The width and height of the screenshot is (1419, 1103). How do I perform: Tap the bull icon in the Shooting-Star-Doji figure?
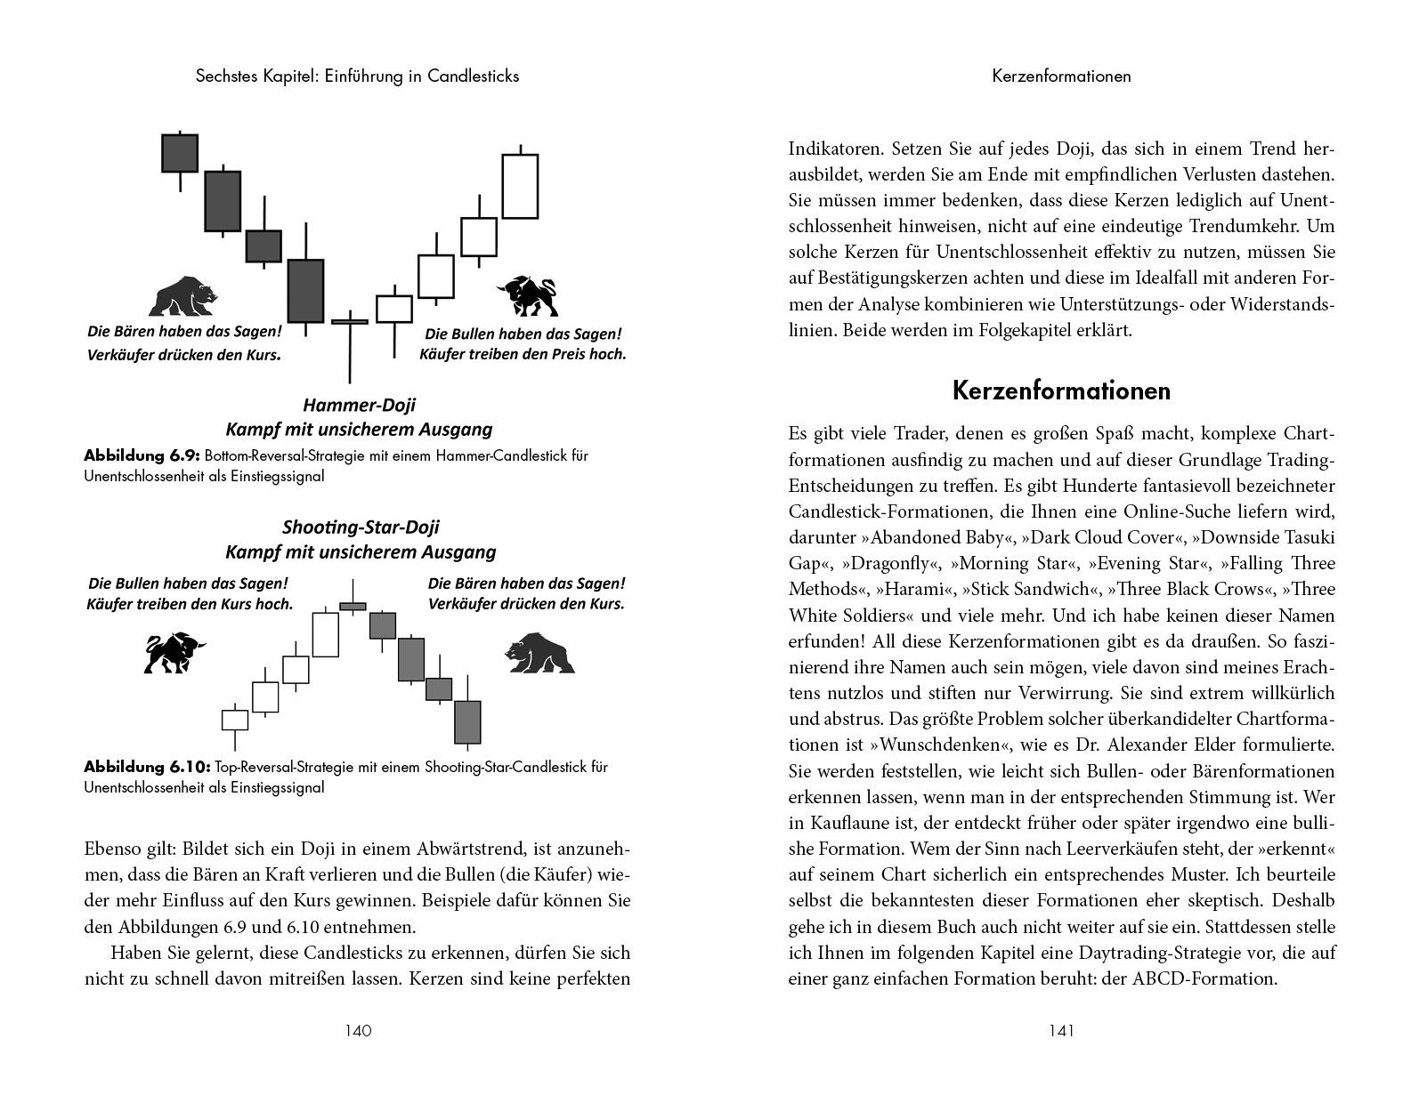click(x=174, y=653)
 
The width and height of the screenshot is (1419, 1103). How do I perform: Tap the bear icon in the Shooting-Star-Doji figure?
click(x=539, y=653)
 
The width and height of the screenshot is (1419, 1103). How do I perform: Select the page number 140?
click(x=357, y=1031)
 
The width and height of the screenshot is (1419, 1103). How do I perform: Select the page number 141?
click(x=1061, y=1031)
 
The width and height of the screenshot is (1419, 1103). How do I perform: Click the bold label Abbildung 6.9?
click(x=142, y=455)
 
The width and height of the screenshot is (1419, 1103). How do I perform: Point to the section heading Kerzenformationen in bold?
click(x=1061, y=390)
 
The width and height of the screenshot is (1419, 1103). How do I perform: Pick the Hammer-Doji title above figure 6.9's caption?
click(x=359, y=406)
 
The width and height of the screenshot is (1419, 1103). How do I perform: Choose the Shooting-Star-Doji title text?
click(x=361, y=527)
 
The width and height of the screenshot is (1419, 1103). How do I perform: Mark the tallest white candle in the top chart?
click(x=520, y=186)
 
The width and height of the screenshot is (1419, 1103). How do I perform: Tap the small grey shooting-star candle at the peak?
click(x=353, y=606)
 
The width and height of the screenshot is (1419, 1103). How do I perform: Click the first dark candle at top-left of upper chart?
click(x=180, y=153)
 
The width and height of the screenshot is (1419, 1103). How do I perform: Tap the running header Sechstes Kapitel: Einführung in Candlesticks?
click(x=357, y=76)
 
